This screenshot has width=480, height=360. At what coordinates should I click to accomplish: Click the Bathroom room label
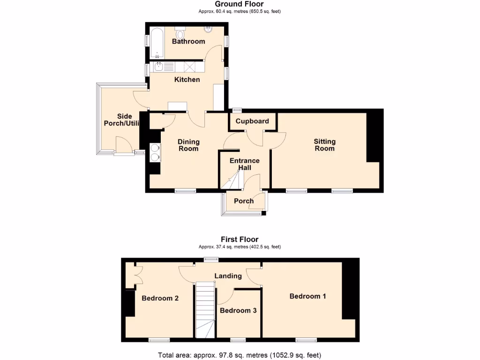(188, 41)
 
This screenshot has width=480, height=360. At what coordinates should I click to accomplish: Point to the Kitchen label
(187, 80)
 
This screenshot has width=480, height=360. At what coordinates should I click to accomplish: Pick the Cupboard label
(252, 121)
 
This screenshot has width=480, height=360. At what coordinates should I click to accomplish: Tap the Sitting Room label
(324, 145)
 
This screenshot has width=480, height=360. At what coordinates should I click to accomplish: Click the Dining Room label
(188, 145)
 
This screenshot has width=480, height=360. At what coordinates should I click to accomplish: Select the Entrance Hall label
(244, 164)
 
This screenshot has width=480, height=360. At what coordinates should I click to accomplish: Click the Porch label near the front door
(244, 201)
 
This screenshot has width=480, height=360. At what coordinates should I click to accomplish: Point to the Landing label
(228, 276)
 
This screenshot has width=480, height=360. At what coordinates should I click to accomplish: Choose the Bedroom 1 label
(307, 296)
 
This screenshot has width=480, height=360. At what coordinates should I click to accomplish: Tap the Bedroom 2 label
(160, 298)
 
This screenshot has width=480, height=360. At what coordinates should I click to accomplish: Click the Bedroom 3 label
(238, 310)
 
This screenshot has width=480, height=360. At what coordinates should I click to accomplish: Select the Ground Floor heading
(240, 4)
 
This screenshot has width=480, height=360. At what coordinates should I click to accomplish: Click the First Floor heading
(240, 240)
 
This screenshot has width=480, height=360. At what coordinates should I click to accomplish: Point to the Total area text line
(240, 355)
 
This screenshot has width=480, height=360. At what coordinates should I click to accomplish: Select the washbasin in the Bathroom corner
(208, 30)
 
